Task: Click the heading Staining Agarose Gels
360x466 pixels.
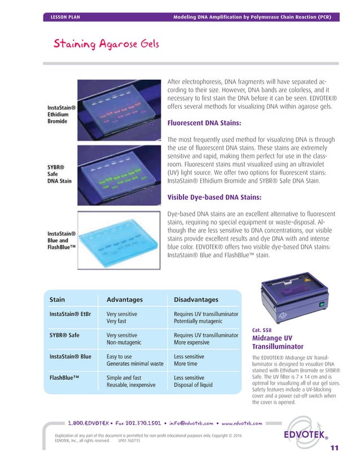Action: point(106,44)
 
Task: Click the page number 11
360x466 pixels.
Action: point(334,449)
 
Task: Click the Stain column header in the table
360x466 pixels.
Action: point(58,300)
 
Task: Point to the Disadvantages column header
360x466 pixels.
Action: point(196,300)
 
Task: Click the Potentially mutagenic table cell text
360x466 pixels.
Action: point(198,321)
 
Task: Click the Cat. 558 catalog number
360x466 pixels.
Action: point(261,331)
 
